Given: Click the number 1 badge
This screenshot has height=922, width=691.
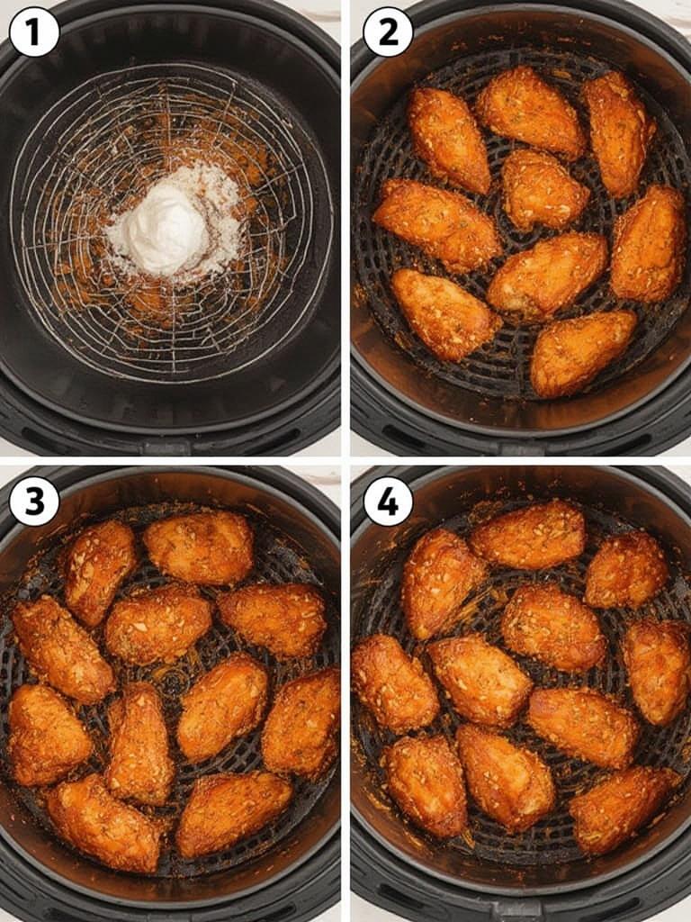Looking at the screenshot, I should coord(34,32).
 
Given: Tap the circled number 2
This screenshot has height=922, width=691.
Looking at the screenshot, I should coord(388,32).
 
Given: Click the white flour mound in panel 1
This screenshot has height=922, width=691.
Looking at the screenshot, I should coord(166,229).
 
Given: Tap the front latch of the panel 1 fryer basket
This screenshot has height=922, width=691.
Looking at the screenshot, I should coord(166,446).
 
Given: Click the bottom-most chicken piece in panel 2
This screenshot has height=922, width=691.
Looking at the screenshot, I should coord(581,353).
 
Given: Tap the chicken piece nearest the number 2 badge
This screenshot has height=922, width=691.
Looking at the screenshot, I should coord(447,139).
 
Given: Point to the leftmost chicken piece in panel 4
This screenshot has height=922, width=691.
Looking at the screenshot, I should coord(393,683).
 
